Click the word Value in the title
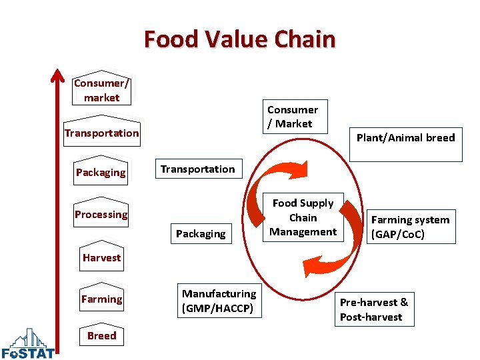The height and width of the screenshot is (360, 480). click(239, 39)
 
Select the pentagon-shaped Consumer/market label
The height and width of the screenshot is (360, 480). click(101, 89)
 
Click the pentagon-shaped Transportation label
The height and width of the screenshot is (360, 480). click(102, 132)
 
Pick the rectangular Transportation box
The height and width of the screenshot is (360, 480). click(197, 169)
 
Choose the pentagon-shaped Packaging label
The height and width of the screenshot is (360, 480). click(101, 172)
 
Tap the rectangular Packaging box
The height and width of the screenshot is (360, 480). click(200, 233)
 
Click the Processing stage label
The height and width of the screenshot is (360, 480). click(101, 214)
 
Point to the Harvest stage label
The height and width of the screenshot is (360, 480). click(102, 257)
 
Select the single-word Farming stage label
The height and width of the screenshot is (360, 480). click(101, 299)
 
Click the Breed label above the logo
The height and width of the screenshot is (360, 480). click(101, 335)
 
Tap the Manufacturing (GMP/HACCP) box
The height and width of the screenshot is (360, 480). click(219, 300)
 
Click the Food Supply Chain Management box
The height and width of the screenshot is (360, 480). click(303, 217)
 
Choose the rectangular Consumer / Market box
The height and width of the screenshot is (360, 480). click(293, 117)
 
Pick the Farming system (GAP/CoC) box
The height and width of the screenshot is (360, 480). click(410, 227)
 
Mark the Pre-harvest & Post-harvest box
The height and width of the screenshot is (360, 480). click(374, 309)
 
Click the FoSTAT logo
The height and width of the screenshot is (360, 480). click(28, 344)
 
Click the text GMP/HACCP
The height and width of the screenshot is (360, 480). click(219, 308)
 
